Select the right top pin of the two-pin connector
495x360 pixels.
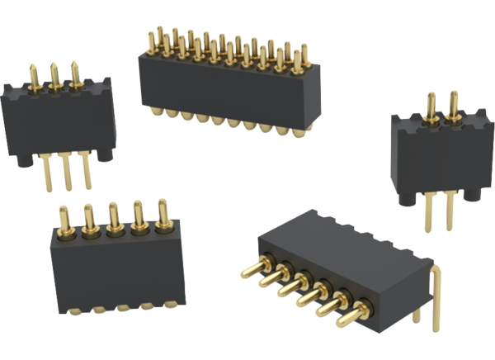click(x=453, y=104)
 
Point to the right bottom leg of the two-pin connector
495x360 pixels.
click(x=449, y=216)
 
